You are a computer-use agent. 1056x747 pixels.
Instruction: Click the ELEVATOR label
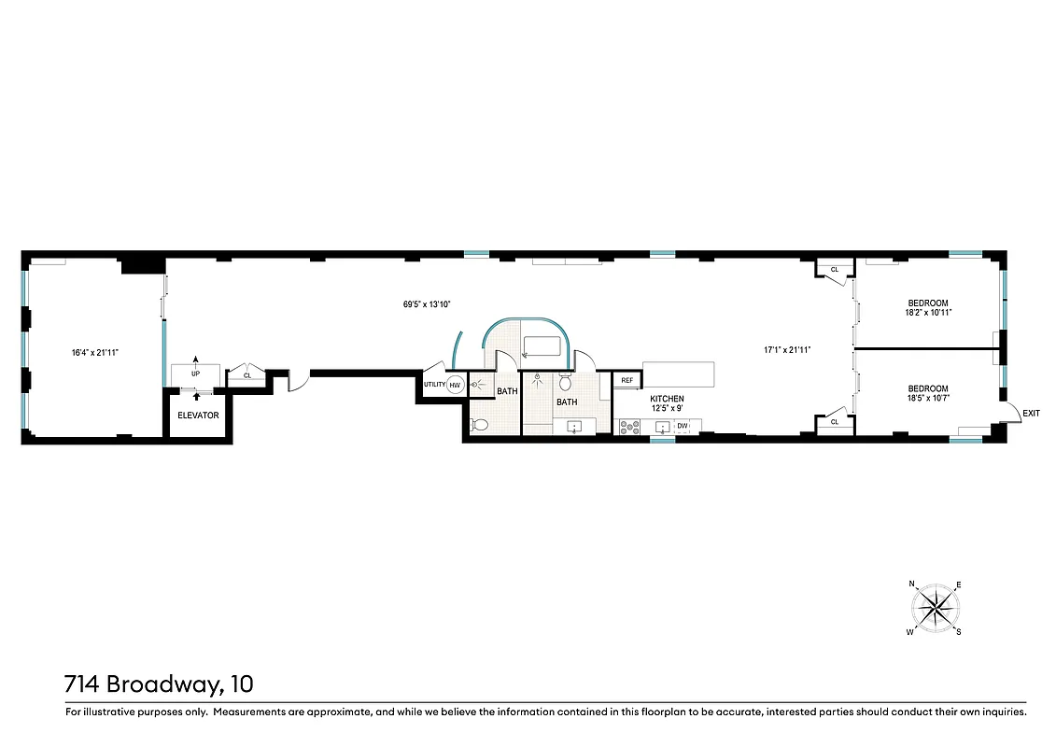tap(198, 416)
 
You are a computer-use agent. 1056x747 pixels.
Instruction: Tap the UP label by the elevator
tap(195, 373)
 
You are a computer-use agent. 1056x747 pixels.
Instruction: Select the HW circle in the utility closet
tap(455, 385)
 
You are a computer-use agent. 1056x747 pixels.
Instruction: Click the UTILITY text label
tap(434, 385)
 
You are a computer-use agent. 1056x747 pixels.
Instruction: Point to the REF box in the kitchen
tap(627, 381)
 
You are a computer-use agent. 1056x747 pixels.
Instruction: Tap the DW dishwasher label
tap(683, 427)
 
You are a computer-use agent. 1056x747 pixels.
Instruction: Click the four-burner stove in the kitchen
tap(629, 428)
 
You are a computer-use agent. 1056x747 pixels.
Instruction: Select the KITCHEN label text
tap(667, 399)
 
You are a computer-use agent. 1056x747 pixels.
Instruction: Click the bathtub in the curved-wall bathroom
tap(546, 346)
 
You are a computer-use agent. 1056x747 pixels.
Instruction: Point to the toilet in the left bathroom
tap(480, 425)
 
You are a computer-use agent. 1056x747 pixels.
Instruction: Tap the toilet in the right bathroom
tap(565, 384)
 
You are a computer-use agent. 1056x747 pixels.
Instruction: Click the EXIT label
tap(1031, 413)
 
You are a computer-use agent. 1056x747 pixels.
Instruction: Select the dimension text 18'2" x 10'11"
tap(928, 314)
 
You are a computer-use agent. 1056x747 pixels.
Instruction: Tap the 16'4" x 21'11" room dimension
tap(95, 352)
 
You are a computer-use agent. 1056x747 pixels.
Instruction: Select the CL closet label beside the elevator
tap(247, 375)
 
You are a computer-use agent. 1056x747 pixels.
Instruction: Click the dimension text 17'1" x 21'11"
tap(786, 350)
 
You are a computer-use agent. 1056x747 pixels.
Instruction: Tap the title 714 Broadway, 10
tap(159, 684)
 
